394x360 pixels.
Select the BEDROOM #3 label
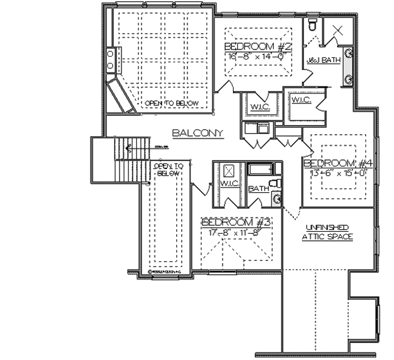point(236,222)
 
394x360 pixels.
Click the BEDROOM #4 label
point(338,164)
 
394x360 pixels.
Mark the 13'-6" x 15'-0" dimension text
point(338,172)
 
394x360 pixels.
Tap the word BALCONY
point(197,133)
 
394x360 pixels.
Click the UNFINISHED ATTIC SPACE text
point(328,232)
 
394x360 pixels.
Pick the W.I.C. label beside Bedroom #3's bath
point(229,184)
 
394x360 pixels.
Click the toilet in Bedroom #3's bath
point(274,184)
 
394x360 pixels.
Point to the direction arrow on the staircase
point(128,146)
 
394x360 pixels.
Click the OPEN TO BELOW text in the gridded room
point(171,103)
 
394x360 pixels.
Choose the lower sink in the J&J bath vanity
point(349,79)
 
